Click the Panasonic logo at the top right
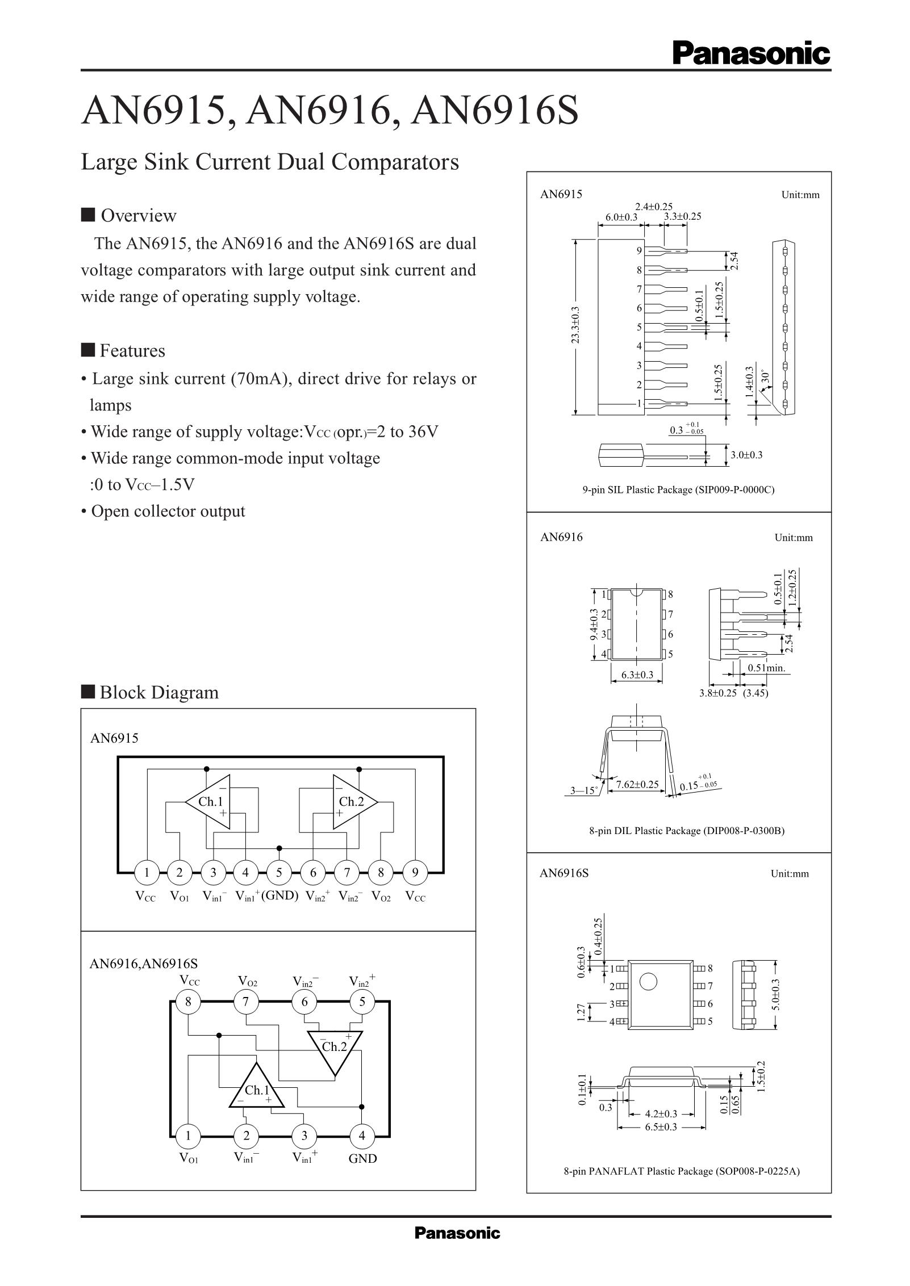tap(751, 55)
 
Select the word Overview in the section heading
tap(139, 216)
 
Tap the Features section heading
tap(132, 351)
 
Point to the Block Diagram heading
tap(159, 693)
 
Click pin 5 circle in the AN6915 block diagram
tap(279, 873)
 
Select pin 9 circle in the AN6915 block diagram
tap(415, 873)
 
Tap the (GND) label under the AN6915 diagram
tap(279, 896)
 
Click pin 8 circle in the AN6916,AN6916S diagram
tap(188, 1002)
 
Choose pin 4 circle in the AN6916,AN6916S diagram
tap(362, 1136)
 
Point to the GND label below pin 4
tap(362, 1159)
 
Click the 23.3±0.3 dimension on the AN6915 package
tap(576, 325)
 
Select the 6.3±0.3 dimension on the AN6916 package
tap(637, 675)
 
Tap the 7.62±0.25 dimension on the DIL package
tap(637, 785)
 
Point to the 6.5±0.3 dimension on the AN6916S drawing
tap(661, 1126)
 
